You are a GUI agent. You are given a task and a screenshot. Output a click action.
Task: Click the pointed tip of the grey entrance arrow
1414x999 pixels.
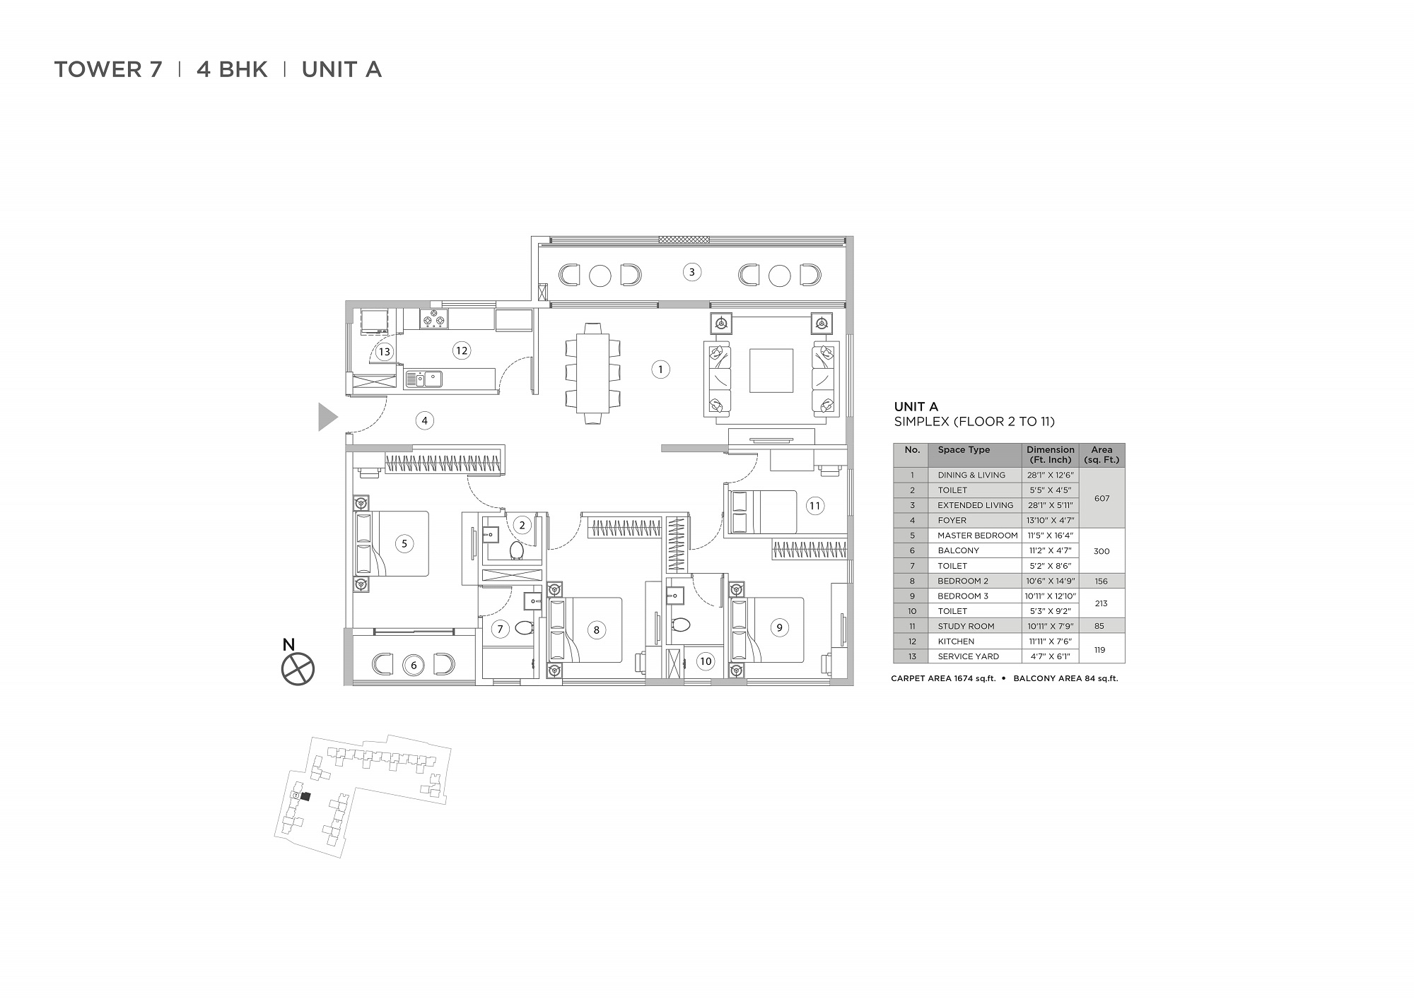[x=338, y=417]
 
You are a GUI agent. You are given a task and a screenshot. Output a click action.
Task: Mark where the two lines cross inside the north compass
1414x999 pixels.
[x=298, y=669]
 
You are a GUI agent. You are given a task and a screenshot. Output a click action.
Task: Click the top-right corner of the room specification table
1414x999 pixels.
[x=1125, y=444]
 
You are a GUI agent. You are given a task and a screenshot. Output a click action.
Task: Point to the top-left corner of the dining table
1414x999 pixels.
[x=576, y=333]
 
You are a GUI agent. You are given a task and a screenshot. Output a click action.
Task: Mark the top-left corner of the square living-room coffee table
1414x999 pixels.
[x=750, y=348]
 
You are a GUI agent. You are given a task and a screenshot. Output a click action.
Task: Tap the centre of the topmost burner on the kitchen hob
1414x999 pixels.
[x=434, y=314]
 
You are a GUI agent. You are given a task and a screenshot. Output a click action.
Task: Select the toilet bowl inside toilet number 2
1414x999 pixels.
[x=516, y=550]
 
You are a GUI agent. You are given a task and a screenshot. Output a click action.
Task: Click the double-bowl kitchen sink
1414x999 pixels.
[x=423, y=379]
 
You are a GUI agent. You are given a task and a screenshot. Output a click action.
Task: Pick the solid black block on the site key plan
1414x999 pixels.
[x=305, y=796]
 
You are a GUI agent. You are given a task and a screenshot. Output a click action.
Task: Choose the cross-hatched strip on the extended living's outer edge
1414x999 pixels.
[x=684, y=240]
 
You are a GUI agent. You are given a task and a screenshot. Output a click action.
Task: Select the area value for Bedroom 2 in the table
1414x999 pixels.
[x=1102, y=581]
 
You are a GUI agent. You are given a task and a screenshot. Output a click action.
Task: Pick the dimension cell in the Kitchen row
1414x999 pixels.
[x=1050, y=641]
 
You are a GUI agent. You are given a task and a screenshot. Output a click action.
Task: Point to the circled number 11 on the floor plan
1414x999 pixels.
[x=815, y=505]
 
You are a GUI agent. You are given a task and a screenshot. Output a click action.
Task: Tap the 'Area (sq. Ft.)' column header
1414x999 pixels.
[x=1102, y=455]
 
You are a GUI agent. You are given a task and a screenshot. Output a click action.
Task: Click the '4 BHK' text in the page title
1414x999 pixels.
[x=232, y=69]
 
